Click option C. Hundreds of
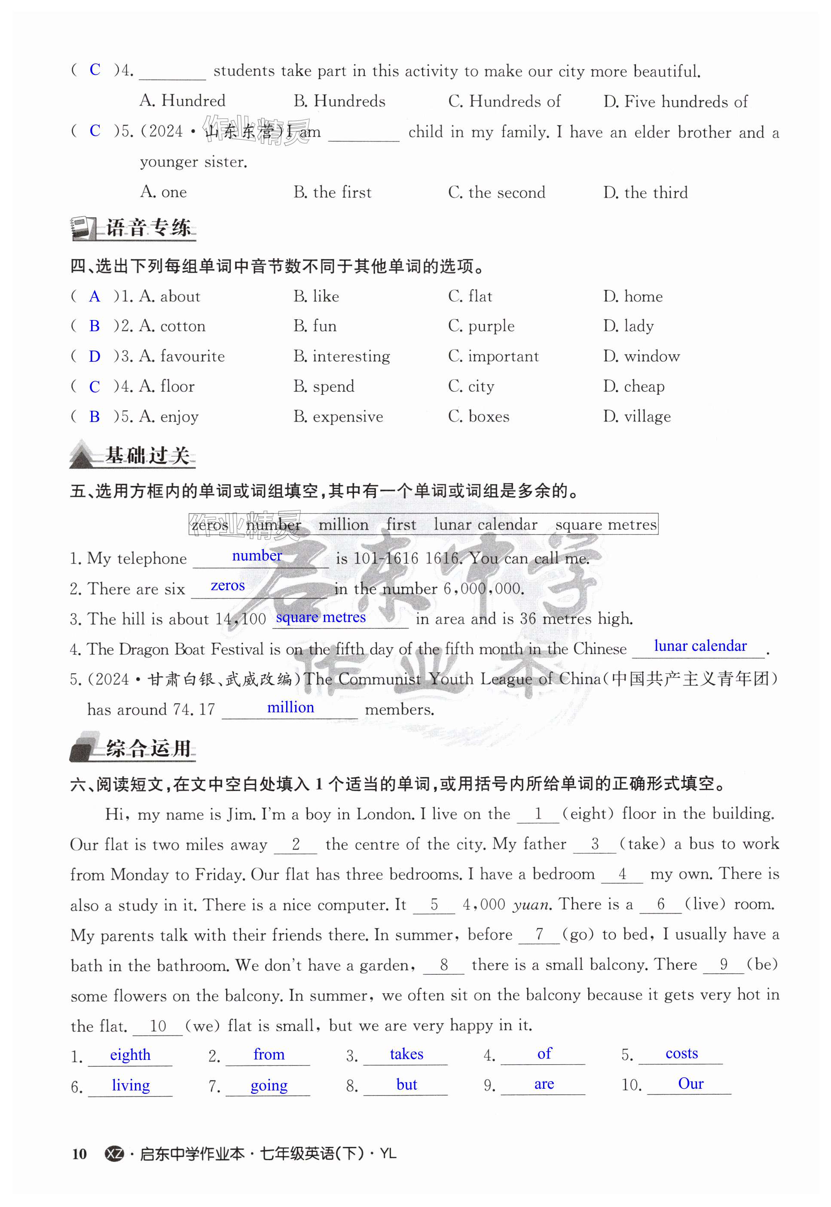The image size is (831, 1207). tap(504, 101)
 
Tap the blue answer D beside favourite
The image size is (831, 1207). tap(94, 357)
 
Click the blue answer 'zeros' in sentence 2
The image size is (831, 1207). tap(228, 585)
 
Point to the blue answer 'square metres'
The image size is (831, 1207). tap(321, 617)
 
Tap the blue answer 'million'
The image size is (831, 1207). tap(290, 707)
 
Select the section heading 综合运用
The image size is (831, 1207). tap(148, 748)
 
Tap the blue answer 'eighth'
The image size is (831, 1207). tap(130, 1055)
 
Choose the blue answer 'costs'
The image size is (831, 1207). tap(681, 1053)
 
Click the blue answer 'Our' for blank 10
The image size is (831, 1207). tap(690, 1084)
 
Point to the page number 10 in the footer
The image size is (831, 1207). tap(79, 1154)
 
